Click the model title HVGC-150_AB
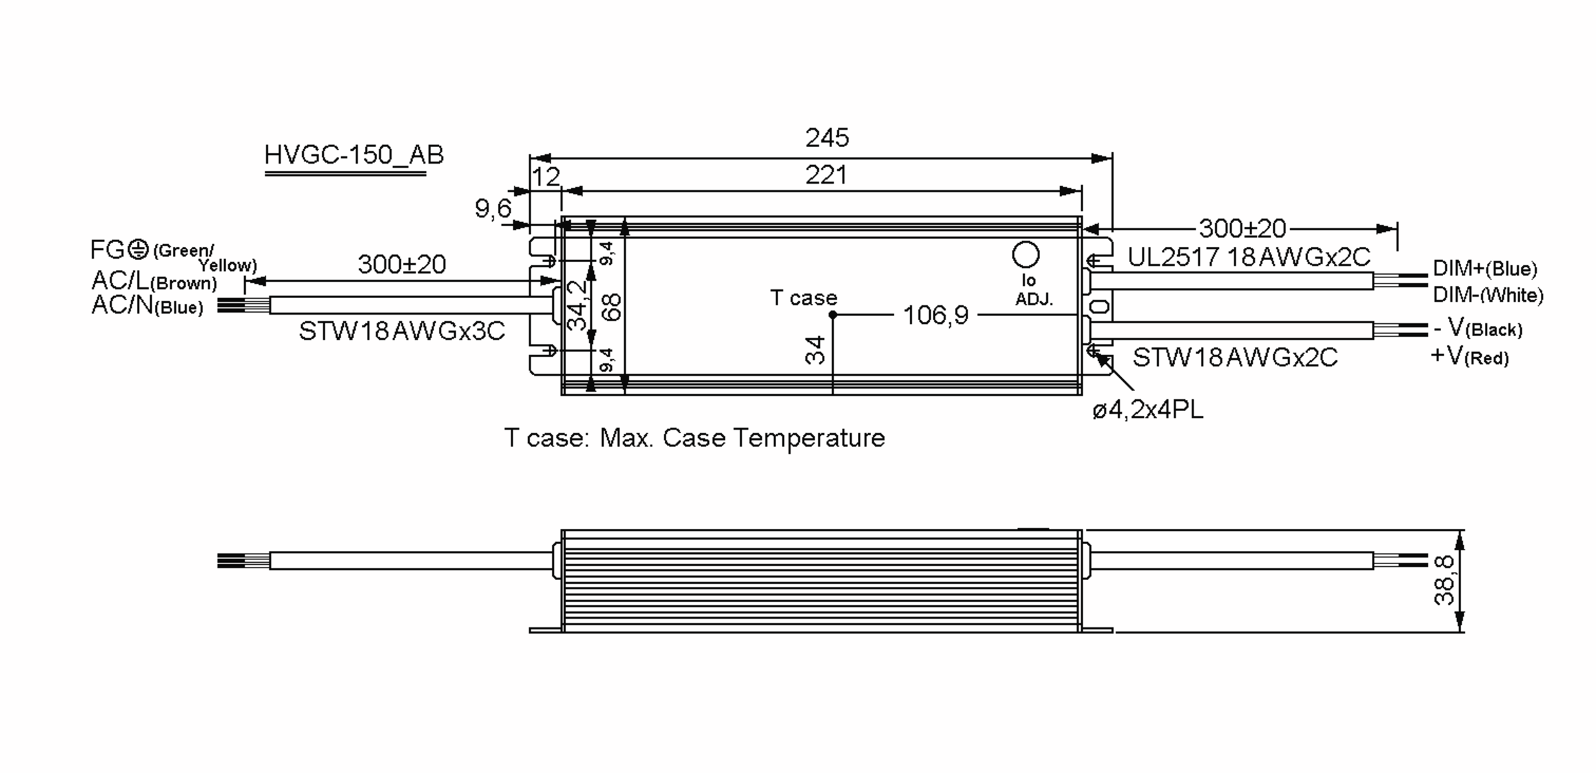(x=354, y=155)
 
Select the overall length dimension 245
(x=827, y=138)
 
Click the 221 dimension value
(x=826, y=176)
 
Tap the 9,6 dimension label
(x=493, y=210)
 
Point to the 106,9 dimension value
(x=935, y=315)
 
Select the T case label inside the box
(x=803, y=298)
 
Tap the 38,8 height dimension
(x=1444, y=581)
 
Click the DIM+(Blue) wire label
(x=1484, y=269)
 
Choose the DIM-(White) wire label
(x=1488, y=295)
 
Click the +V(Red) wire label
(x=1469, y=357)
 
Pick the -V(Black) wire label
(x=1477, y=329)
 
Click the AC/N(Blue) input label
(x=147, y=306)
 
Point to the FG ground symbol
(x=138, y=250)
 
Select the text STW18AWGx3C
(x=402, y=331)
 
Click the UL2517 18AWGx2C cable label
(x=1249, y=257)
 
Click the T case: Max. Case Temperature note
(x=694, y=438)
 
